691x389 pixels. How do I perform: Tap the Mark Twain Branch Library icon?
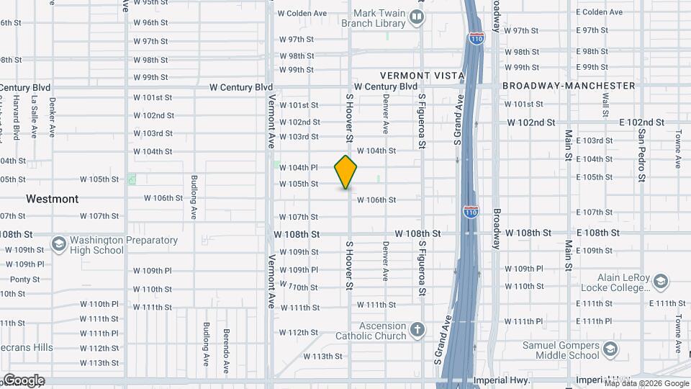point(417,17)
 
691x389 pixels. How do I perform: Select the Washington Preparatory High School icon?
point(58,246)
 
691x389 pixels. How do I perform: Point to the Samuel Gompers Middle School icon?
point(610,349)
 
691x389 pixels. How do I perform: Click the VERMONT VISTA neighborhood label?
point(422,75)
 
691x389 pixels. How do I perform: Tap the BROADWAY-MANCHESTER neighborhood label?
point(569,86)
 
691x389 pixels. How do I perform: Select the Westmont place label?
point(52,198)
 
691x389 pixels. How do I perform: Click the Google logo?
point(24,380)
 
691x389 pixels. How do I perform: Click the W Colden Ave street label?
point(302,13)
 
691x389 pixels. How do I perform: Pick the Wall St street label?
point(605,108)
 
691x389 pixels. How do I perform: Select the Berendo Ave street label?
point(225,351)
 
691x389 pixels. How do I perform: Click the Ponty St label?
point(24,280)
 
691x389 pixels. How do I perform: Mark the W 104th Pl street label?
point(299,167)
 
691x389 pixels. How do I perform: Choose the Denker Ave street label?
point(52,117)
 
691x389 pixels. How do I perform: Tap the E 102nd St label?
point(642,122)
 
